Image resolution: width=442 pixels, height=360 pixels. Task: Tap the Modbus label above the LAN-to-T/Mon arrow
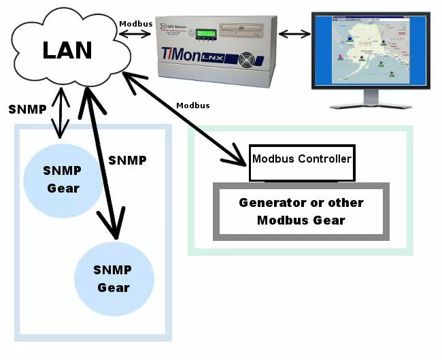[136, 22]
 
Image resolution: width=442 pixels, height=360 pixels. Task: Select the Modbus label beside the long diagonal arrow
[192, 105]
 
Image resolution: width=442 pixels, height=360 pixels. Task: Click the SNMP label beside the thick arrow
[127, 161]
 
